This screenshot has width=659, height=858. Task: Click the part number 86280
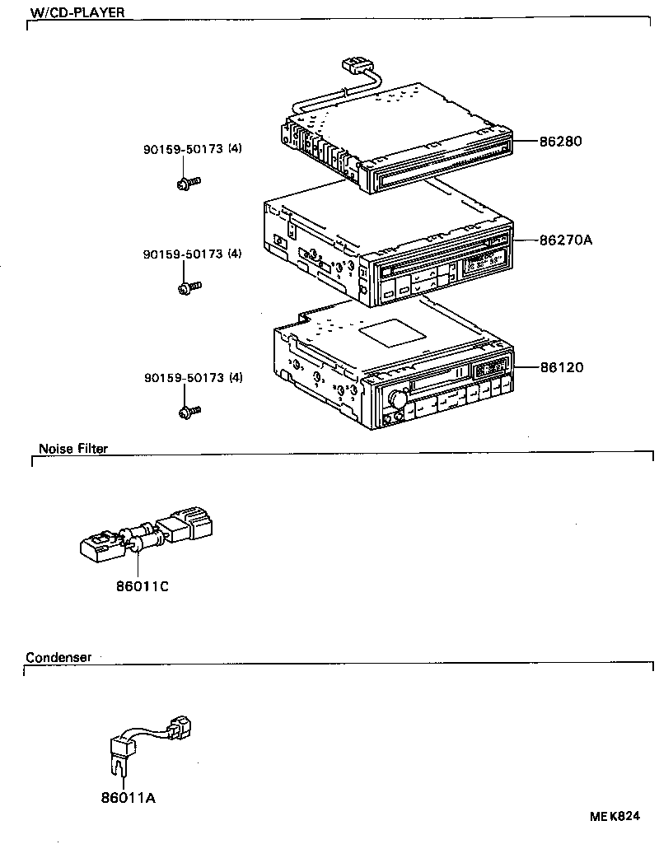tap(560, 141)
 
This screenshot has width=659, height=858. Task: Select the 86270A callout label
tap(565, 240)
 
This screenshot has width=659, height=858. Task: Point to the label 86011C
tap(142, 585)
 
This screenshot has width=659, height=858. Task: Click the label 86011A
tap(128, 798)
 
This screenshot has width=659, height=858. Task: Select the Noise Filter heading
tap(73, 449)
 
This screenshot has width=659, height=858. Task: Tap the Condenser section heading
tap(58, 657)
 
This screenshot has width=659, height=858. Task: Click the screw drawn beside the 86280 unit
tap(189, 183)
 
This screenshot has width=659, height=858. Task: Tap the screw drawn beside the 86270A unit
tap(189, 287)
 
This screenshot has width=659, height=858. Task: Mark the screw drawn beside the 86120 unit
tap(189, 410)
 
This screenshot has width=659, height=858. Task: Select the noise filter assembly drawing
tap(148, 533)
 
